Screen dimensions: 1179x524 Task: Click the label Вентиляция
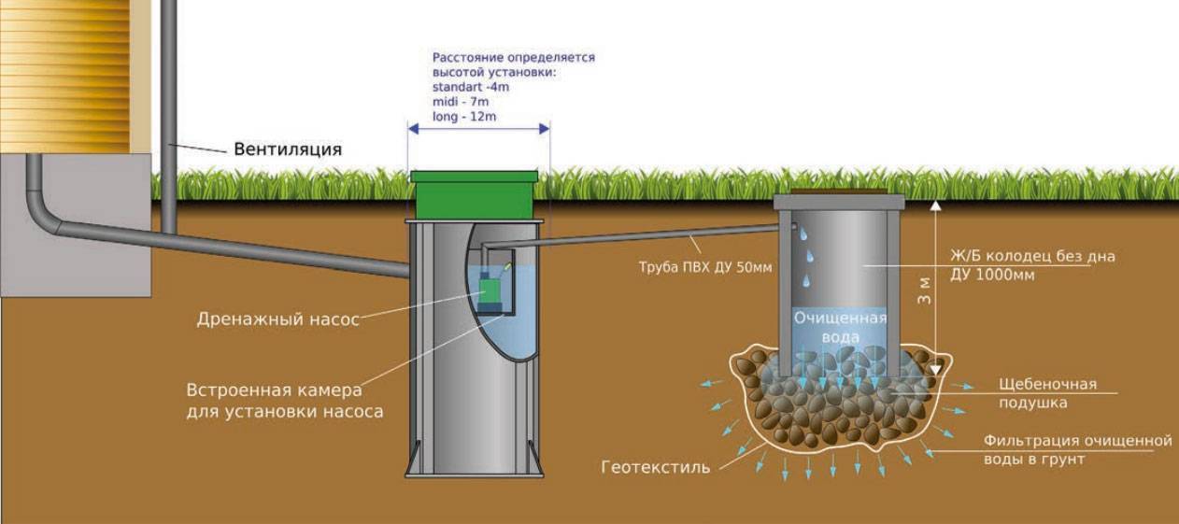click(x=288, y=149)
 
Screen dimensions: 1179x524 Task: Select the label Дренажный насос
click(x=277, y=319)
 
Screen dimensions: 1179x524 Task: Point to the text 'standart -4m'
click(x=471, y=87)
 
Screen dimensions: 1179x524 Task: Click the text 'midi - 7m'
click(x=460, y=102)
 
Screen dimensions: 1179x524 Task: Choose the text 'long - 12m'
click(x=463, y=116)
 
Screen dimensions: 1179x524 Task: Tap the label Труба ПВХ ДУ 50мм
click(x=705, y=267)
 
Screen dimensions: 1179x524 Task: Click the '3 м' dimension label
click(x=924, y=291)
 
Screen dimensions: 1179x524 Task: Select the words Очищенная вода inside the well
click(x=840, y=327)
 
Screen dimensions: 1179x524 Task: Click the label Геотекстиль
click(x=655, y=467)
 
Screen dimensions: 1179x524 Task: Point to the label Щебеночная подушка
click(x=1048, y=393)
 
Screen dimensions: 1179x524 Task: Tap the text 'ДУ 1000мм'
click(x=992, y=276)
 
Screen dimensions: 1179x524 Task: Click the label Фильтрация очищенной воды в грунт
click(x=1078, y=450)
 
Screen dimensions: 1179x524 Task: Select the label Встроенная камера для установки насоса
click(x=285, y=401)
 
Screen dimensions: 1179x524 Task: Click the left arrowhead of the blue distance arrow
click(x=413, y=129)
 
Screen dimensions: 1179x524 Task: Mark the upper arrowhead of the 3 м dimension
click(x=935, y=205)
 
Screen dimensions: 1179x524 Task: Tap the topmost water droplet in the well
click(x=803, y=234)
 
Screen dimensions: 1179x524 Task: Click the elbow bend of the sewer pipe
click(x=42, y=216)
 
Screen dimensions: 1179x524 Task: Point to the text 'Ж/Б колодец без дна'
click(x=1032, y=256)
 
